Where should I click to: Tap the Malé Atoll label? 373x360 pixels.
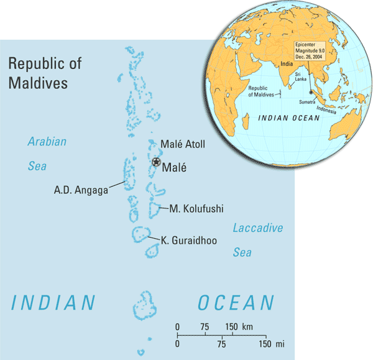click(x=182, y=144)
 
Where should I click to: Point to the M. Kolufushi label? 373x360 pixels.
click(x=196, y=209)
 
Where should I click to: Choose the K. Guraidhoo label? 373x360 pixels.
click(x=189, y=239)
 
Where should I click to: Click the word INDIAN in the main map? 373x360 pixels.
click(x=54, y=303)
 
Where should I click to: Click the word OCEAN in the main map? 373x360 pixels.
click(x=236, y=303)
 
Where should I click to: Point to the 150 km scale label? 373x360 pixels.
click(x=237, y=327)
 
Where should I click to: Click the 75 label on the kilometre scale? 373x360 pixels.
click(x=204, y=327)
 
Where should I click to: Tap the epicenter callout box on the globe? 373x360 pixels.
click(x=314, y=52)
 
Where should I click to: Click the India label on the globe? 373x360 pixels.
click(x=287, y=63)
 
